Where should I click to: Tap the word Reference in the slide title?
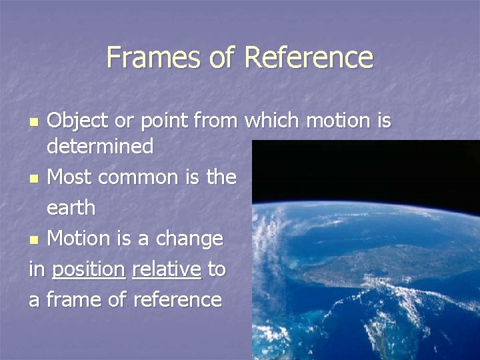click(x=308, y=57)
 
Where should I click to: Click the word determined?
click(x=100, y=146)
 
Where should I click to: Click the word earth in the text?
click(x=71, y=208)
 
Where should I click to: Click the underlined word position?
click(x=89, y=269)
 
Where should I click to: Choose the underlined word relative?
click(x=167, y=269)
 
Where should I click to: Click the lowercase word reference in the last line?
click(x=177, y=300)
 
